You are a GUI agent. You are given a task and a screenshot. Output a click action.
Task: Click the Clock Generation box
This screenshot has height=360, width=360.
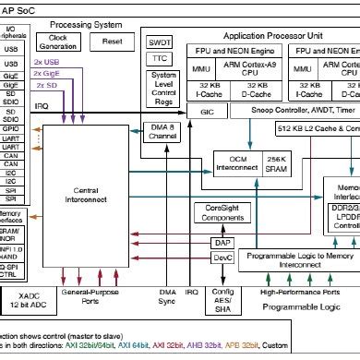click(57, 42)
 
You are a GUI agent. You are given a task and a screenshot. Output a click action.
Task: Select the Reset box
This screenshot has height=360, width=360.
click(113, 42)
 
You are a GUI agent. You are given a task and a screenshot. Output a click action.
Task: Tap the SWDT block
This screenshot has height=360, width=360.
click(161, 42)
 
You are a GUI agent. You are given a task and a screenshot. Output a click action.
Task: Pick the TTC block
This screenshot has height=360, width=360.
click(161, 57)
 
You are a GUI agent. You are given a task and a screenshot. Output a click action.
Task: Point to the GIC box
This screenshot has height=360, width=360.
click(207, 110)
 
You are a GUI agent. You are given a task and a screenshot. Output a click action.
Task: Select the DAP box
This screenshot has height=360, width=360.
click(222, 242)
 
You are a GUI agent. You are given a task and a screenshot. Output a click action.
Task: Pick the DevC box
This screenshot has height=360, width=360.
click(222, 258)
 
